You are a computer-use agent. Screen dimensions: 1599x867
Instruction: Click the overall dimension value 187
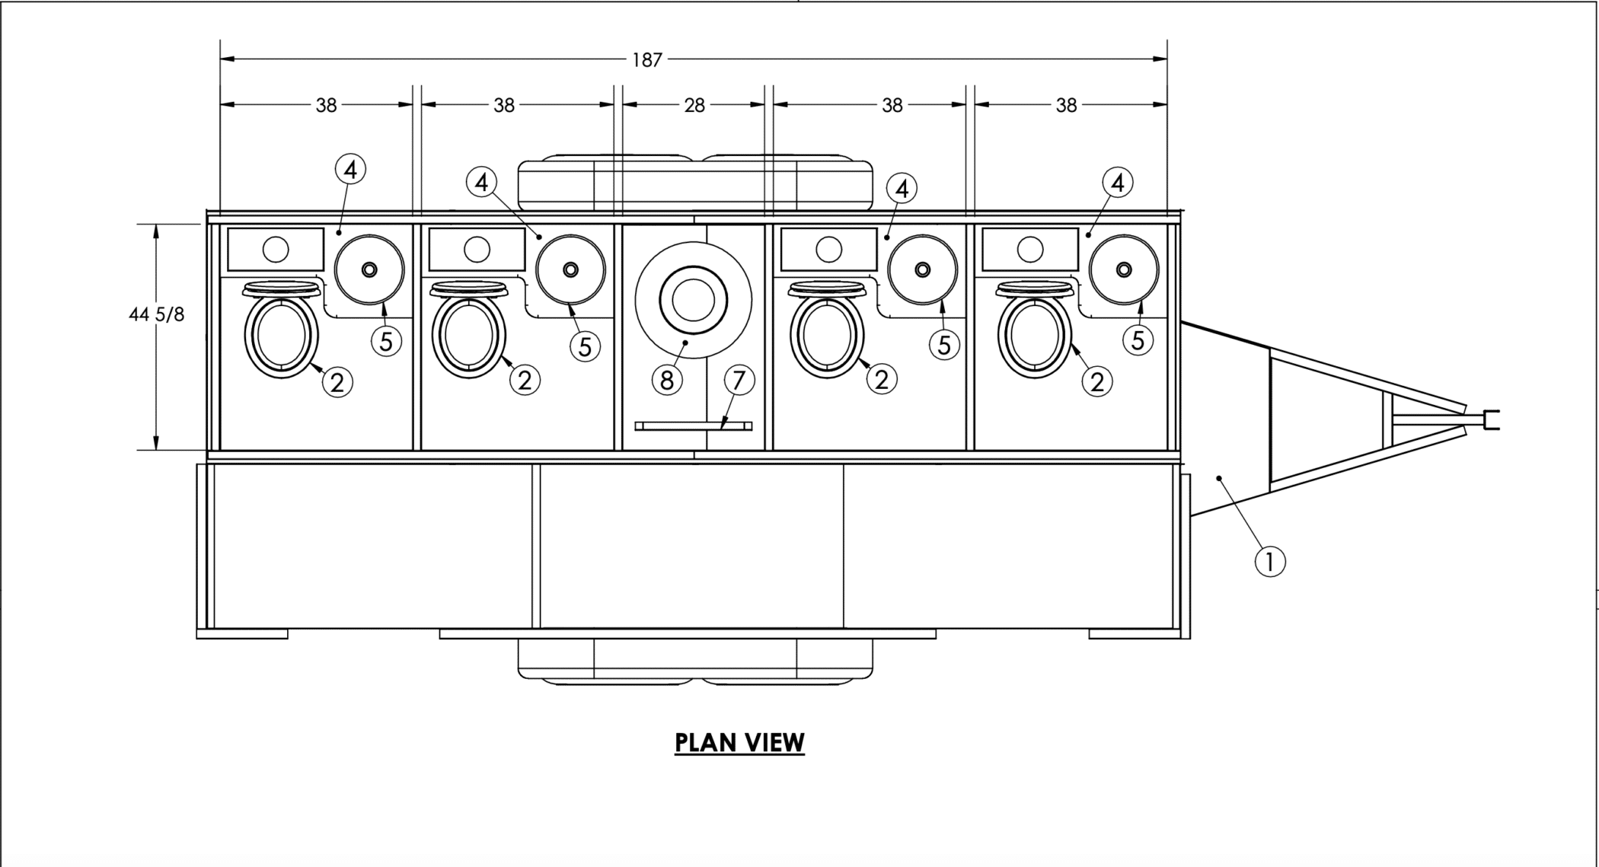(x=647, y=59)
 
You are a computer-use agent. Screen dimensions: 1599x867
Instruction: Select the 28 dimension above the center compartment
(x=694, y=105)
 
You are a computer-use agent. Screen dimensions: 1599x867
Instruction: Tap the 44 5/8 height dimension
(x=156, y=314)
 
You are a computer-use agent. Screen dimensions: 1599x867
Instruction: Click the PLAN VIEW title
(x=739, y=743)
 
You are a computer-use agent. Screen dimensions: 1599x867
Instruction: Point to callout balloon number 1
(x=1270, y=562)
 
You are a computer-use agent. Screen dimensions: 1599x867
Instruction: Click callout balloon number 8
(x=667, y=380)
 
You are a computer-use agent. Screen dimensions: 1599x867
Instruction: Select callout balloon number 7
(x=739, y=380)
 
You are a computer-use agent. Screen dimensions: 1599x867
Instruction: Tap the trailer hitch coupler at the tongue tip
(x=1491, y=419)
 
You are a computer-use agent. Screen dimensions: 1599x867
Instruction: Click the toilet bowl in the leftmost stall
(x=282, y=336)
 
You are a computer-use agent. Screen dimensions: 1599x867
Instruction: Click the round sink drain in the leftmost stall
(x=369, y=269)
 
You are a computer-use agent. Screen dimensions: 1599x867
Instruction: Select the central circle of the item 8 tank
(x=693, y=300)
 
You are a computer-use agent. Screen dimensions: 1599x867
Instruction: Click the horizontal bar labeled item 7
(x=694, y=426)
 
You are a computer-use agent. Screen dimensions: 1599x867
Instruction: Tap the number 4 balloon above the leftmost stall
(x=350, y=169)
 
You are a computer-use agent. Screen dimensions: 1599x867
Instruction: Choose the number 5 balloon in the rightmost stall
(x=1138, y=339)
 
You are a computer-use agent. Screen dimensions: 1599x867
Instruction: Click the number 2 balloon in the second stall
(x=525, y=380)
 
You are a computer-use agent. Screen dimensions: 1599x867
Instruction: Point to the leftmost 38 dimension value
(x=326, y=105)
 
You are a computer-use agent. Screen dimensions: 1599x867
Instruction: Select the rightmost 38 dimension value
(x=1066, y=105)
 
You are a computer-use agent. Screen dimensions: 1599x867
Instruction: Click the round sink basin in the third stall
(x=922, y=269)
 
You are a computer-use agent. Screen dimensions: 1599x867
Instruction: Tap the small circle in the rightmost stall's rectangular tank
(x=1030, y=249)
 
